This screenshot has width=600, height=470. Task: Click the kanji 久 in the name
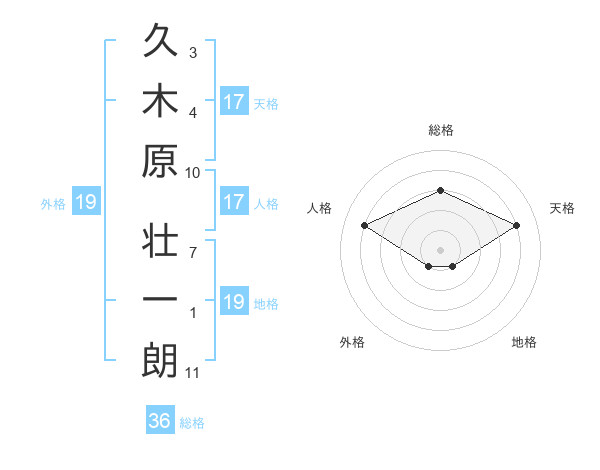point(160,40)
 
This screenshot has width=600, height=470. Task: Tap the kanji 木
point(160,100)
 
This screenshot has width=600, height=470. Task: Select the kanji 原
point(160,161)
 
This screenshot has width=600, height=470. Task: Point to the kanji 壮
point(160,240)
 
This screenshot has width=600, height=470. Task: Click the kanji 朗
point(160,360)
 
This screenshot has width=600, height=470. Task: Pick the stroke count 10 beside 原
point(192,173)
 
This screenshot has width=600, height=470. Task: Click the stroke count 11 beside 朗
point(192,373)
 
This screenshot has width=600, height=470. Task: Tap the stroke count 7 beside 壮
point(193,253)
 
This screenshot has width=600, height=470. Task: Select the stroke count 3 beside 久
point(193,53)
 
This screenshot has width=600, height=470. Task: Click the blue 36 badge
point(160,419)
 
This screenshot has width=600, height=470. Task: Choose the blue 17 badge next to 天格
point(235,101)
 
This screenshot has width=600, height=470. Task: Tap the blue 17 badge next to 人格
point(235,201)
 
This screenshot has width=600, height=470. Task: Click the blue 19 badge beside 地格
point(235,300)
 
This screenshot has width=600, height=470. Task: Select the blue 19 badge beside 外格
point(86,201)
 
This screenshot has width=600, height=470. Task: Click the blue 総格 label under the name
point(192,423)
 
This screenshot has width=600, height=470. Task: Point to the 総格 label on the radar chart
point(441,130)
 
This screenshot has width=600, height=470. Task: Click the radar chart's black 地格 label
point(524,342)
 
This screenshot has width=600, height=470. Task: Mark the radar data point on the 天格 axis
point(517,225)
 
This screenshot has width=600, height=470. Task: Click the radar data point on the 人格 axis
point(365,225)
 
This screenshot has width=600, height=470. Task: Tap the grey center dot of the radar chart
point(440,250)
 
